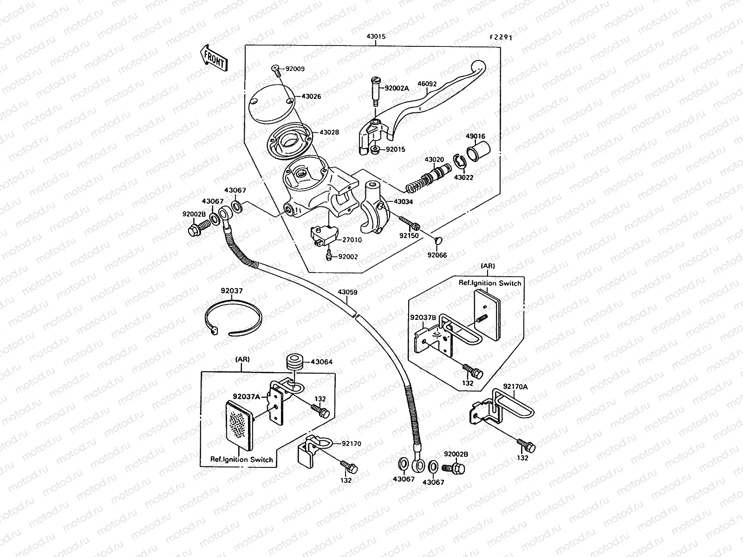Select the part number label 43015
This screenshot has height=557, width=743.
click(376, 36)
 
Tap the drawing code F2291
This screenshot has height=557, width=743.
click(500, 38)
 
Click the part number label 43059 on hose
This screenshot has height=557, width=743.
click(347, 292)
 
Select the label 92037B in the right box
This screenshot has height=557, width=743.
click(423, 317)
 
